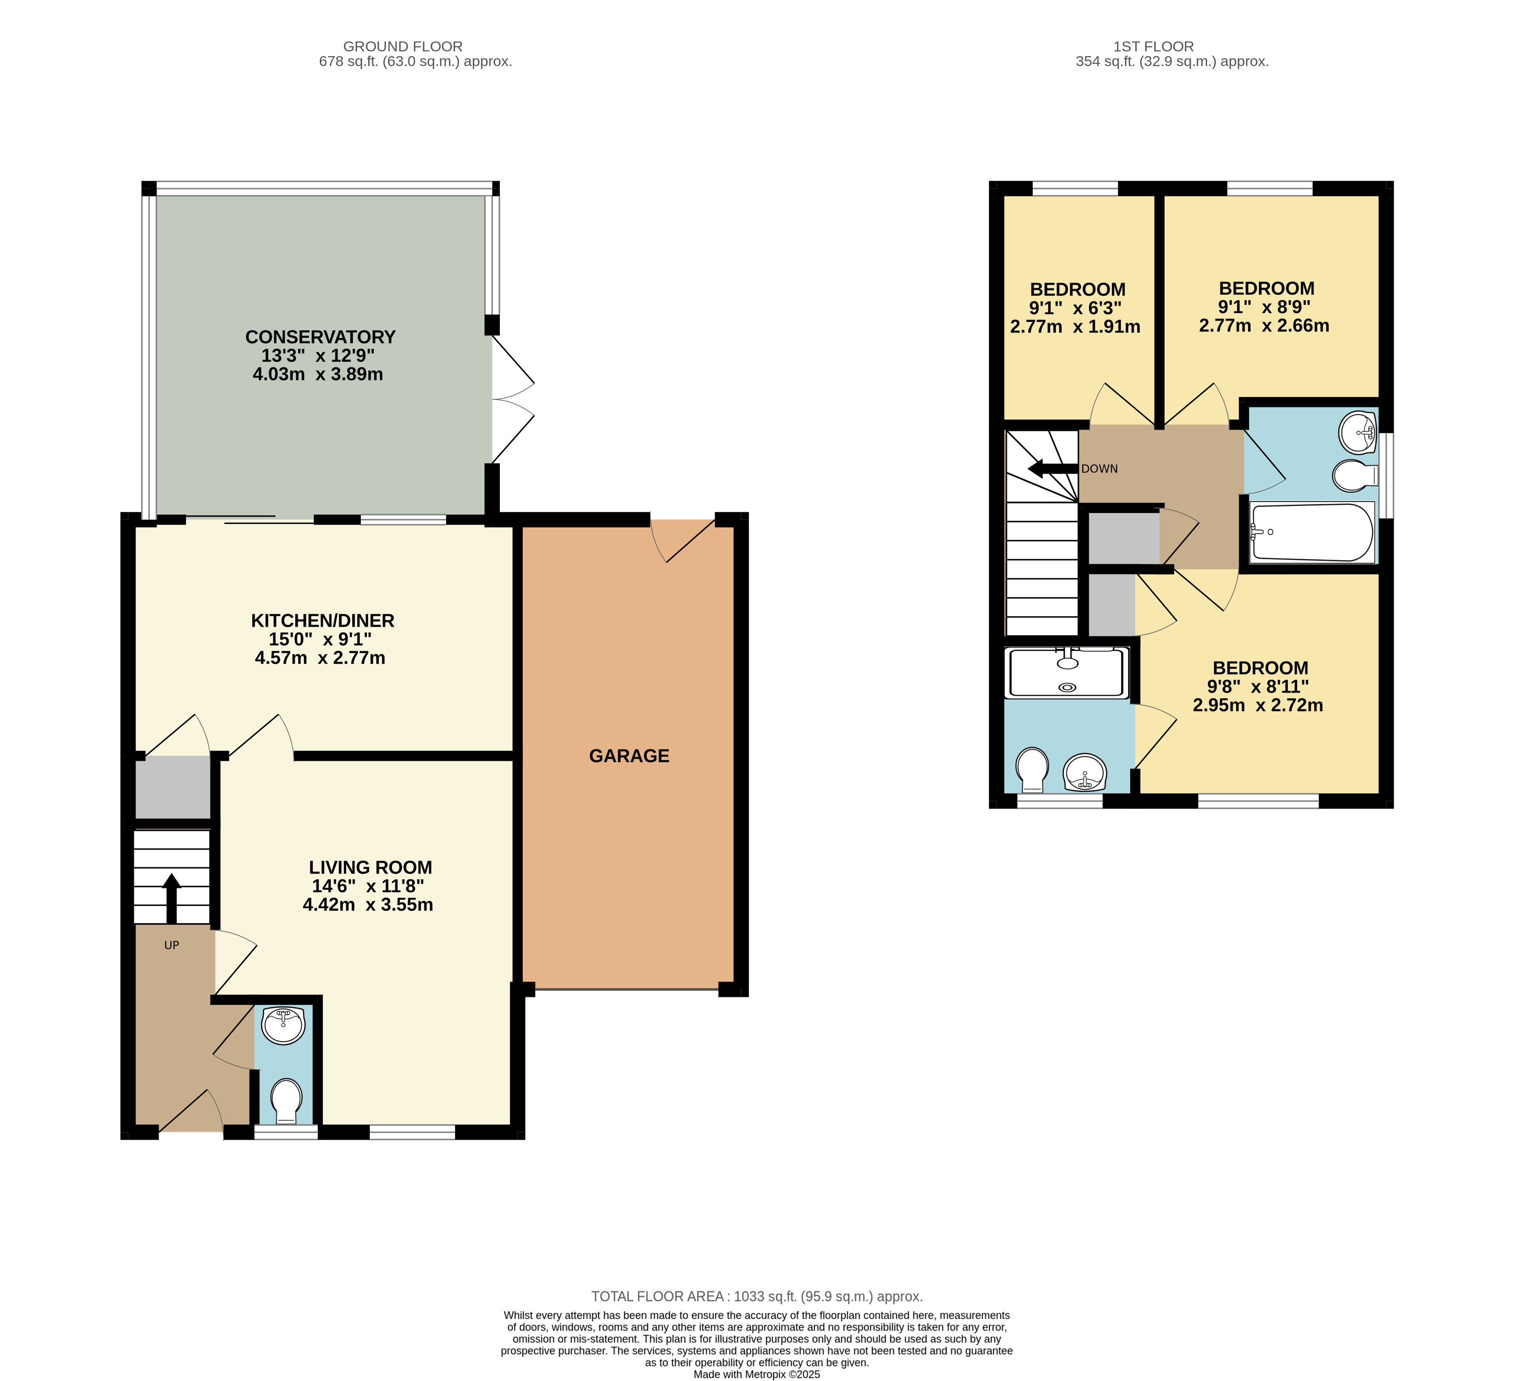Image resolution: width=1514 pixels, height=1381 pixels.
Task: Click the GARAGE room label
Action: [629, 756]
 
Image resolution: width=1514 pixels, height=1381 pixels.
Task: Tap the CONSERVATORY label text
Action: [320, 336]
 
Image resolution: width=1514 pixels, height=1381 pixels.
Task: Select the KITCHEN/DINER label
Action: [322, 621]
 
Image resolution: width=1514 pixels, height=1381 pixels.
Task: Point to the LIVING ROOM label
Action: [370, 867]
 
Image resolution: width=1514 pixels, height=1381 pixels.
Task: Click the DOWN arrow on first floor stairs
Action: [1053, 469]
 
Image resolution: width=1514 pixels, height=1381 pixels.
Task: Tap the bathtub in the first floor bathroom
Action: [1312, 532]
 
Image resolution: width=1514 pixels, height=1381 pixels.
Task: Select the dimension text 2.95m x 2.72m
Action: [1258, 705]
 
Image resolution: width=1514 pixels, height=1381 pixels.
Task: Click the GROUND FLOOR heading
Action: [402, 47]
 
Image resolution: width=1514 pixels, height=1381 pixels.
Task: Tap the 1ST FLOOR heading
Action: [1154, 47]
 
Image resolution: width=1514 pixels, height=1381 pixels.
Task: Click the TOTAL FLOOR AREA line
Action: [757, 1296]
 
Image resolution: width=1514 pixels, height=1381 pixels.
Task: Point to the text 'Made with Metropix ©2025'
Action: [757, 1374]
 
